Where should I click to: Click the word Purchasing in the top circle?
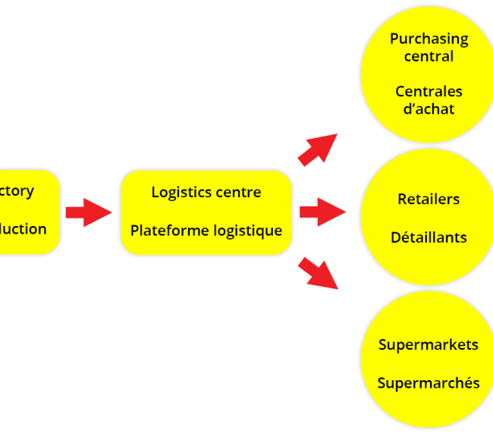429,39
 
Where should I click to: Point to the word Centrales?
429,92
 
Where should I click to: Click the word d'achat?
429,109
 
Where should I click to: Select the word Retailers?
429,200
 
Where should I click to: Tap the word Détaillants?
429,237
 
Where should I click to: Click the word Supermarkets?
429,345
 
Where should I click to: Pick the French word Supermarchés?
429,383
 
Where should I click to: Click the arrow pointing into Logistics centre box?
88,212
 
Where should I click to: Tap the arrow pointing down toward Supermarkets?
318,273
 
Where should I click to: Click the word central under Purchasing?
429,57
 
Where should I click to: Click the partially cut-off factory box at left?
29,212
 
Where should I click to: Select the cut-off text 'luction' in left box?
23,229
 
